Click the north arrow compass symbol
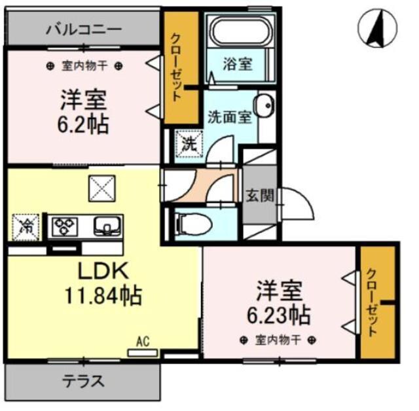click(x=378, y=28)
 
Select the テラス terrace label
click(x=83, y=381)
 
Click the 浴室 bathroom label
click(x=238, y=64)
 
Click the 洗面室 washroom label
click(x=229, y=117)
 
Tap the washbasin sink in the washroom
click(x=264, y=107)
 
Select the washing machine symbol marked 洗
click(x=188, y=143)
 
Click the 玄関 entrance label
click(x=259, y=195)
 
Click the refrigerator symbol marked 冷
click(x=26, y=226)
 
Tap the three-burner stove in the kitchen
click(x=66, y=226)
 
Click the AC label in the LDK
click(x=143, y=341)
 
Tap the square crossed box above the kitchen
click(x=103, y=190)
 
